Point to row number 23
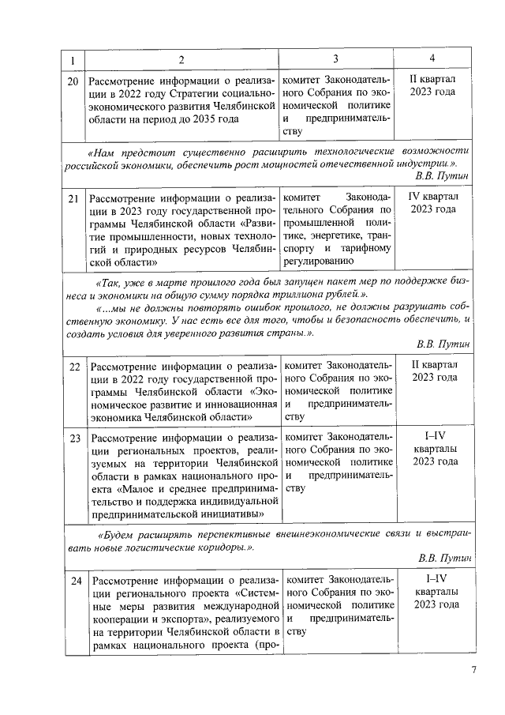(x=74, y=437)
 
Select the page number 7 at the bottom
(x=473, y=670)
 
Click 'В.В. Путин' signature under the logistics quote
(x=444, y=558)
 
